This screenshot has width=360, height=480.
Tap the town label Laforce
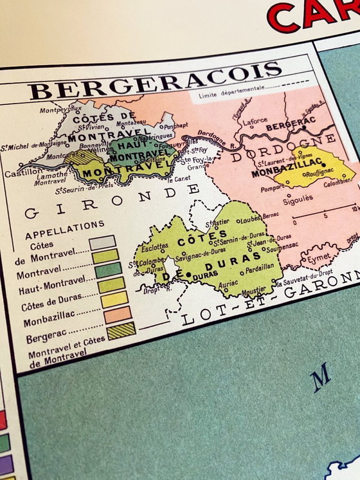tap(255, 120)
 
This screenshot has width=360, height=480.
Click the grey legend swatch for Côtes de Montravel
tap(103, 243)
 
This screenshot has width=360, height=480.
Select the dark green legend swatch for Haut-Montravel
tap(108, 270)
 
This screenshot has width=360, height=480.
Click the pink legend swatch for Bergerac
tap(118, 314)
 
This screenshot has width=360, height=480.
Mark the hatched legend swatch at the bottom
tap(121, 330)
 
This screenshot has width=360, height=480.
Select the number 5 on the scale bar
tap(326, 215)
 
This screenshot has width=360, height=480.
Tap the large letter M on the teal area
tap(321, 377)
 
